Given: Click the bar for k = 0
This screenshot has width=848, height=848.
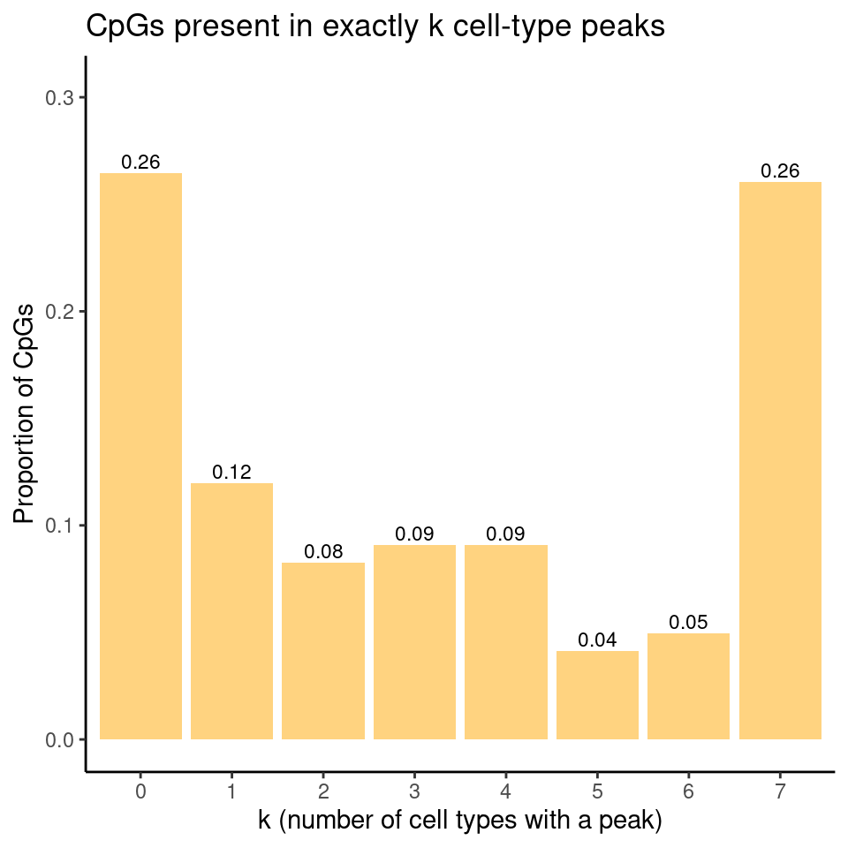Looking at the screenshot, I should [x=140, y=456].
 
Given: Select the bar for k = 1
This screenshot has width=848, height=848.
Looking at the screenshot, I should [x=231, y=610].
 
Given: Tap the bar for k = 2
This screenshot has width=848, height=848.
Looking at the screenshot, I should [x=323, y=650].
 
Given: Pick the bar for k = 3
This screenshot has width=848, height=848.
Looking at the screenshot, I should [x=414, y=641].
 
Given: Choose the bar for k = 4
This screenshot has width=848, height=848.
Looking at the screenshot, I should [x=506, y=641].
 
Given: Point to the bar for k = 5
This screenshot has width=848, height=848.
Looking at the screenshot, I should [x=597, y=694].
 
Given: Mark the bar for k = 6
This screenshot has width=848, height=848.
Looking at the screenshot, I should [x=688, y=685].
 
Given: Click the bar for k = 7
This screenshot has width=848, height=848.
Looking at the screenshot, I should [x=780, y=460].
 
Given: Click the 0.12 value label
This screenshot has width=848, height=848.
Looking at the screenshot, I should [x=231, y=473].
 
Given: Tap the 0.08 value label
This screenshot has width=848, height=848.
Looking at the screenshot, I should [x=323, y=552].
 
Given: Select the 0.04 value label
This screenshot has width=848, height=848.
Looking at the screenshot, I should [x=597, y=640].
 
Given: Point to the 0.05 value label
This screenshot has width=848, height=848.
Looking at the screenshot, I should [x=688, y=622].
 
